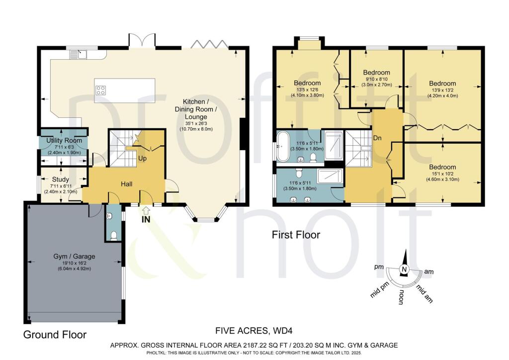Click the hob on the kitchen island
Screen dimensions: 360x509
[x=100, y=90]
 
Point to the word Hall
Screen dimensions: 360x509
[x=127, y=184]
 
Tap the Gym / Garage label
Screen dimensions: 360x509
[x=75, y=257]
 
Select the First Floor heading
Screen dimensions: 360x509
[x=296, y=234]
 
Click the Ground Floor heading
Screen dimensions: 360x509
[x=55, y=335]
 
